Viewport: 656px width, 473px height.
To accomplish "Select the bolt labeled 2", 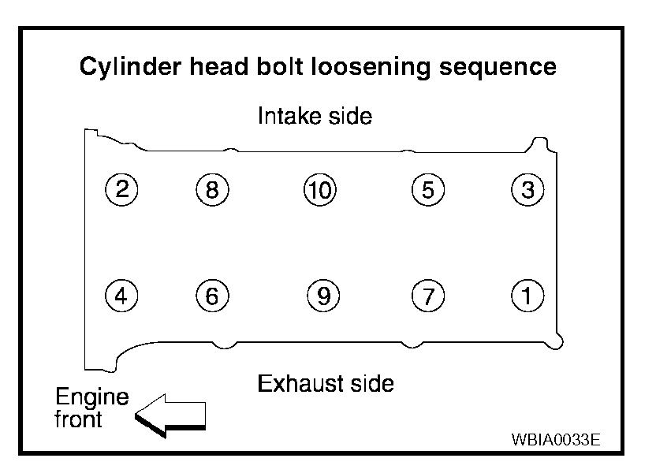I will coord(121,189).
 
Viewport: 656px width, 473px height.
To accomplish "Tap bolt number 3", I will coord(527,189).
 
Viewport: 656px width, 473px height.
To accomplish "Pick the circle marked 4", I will coord(121,296).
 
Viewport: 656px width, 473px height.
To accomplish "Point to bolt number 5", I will coord(428,189).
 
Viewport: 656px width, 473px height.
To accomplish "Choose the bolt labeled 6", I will coord(211,296).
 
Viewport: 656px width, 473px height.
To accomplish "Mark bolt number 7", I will coord(428,296).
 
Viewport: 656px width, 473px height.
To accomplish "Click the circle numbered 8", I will coord(211,189).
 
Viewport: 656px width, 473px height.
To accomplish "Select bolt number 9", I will coord(322,296).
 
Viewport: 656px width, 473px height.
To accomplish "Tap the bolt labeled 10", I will coord(320,189).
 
